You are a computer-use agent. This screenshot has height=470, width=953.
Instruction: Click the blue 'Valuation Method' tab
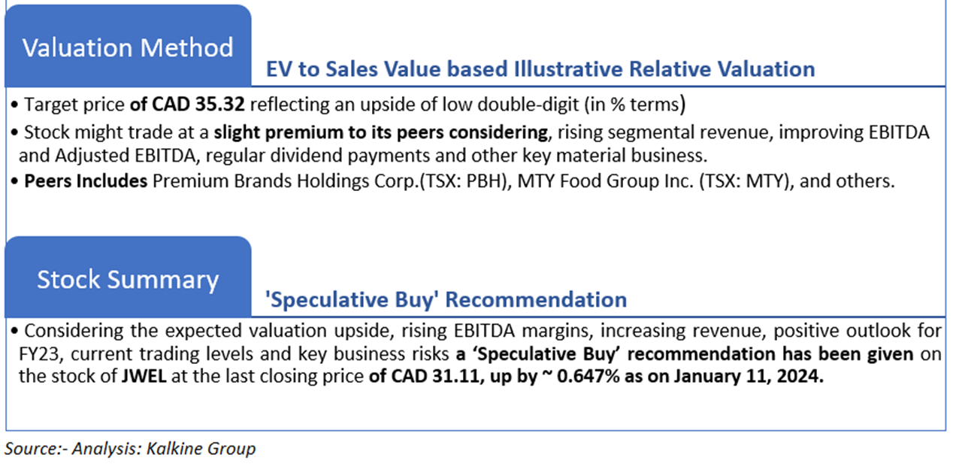(x=128, y=46)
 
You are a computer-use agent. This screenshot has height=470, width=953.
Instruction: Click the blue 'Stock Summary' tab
(x=128, y=277)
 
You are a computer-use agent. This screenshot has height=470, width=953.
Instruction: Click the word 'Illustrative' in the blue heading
(x=568, y=69)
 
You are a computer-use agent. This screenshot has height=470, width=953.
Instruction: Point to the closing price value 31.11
(x=457, y=376)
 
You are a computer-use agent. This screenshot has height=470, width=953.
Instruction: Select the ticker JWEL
(x=144, y=376)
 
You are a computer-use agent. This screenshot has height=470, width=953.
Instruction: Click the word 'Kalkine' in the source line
(x=175, y=448)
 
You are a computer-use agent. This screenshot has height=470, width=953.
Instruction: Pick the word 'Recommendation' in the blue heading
(x=536, y=300)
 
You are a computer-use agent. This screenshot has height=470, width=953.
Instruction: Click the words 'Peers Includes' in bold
(x=86, y=181)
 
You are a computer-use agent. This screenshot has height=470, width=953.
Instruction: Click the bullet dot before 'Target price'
(x=14, y=105)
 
